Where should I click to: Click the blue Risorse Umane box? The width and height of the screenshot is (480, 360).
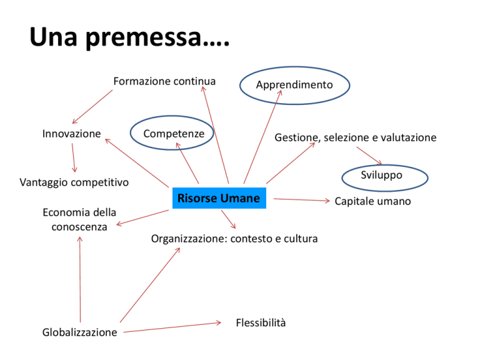219,198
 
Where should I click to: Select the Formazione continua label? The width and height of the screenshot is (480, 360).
164,81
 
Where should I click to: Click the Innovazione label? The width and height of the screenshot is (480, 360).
72,134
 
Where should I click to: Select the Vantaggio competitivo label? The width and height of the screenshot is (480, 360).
74,182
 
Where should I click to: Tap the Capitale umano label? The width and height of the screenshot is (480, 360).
373,201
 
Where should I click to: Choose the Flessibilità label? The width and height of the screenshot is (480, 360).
261,322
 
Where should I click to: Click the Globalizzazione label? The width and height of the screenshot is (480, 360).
79,332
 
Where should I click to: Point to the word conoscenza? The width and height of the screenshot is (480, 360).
79,227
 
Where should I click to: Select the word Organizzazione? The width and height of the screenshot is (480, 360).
189,239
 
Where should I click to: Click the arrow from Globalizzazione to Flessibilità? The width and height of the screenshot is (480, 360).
172,327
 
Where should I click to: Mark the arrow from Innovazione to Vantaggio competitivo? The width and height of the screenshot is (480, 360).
74,157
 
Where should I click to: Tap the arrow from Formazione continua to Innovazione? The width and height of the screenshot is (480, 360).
92,107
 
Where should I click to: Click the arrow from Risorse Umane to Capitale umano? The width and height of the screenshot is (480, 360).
302,200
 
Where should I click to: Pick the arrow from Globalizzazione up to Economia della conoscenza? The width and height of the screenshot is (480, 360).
80,279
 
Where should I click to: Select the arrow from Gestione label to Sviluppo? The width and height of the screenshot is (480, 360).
369,156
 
